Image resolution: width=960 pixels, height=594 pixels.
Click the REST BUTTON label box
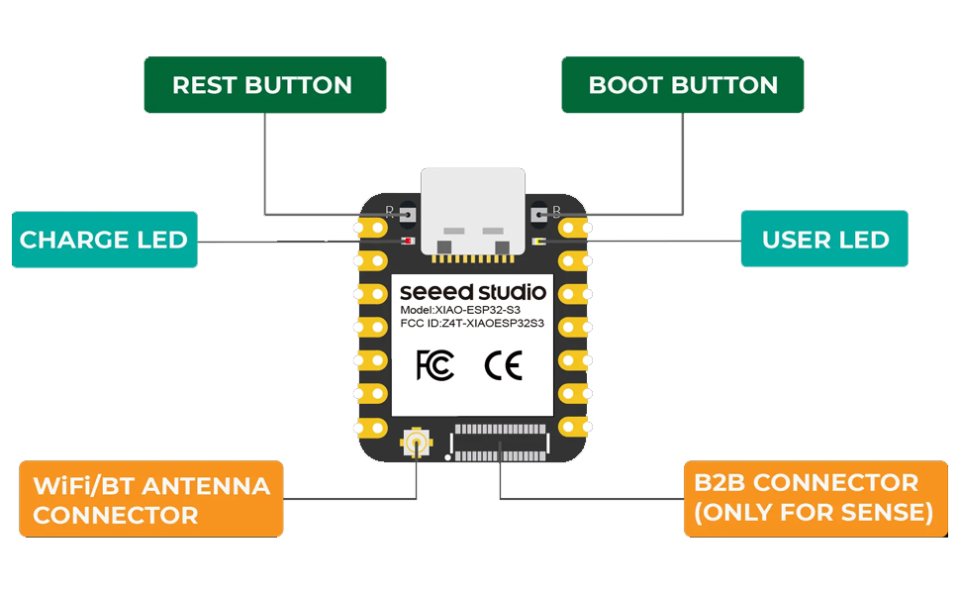point(264,85)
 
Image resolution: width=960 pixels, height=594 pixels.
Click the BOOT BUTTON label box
point(683,85)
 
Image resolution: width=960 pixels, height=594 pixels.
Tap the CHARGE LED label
point(104,240)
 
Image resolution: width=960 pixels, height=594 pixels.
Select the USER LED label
point(824,240)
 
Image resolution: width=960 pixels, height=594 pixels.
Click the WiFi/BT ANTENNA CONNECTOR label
point(150,499)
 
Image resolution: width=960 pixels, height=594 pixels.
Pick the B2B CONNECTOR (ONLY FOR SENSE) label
point(810,498)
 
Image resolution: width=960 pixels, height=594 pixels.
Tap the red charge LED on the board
point(407,242)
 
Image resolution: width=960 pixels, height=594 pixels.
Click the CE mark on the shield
point(503,366)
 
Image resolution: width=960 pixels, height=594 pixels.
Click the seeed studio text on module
point(472,292)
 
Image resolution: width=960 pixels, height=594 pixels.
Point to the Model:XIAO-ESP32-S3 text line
point(460,310)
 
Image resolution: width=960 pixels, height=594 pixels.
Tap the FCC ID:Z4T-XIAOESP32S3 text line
point(472,324)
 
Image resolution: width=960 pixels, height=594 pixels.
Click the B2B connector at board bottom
point(500,442)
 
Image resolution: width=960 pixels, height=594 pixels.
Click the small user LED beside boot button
point(536,242)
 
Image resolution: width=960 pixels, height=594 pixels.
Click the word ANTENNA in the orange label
point(205,485)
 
